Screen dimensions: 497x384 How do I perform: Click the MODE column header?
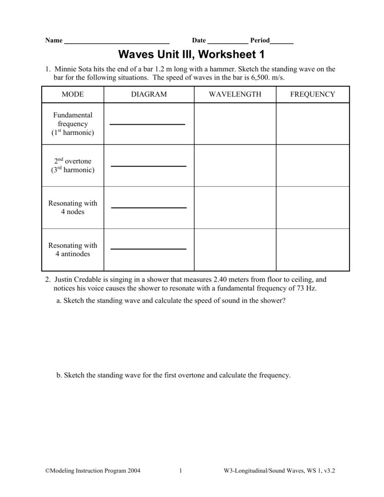[x=72, y=94]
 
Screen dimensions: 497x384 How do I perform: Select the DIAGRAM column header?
[x=149, y=94]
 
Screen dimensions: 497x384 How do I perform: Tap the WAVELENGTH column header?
[x=235, y=94]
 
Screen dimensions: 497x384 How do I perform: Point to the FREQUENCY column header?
[x=313, y=94]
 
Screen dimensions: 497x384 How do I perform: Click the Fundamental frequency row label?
[x=72, y=124]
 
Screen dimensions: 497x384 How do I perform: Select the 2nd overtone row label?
[x=72, y=166]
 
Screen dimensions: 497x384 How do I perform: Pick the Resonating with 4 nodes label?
[x=72, y=208]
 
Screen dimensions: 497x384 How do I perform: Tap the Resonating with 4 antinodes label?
[x=72, y=249]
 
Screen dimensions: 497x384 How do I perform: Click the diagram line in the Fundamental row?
[x=148, y=125]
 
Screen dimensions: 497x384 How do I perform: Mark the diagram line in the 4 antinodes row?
[x=149, y=249]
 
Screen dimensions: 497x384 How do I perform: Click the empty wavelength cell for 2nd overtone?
[x=235, y=166]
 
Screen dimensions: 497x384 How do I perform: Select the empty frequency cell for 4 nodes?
[x=313, y=208]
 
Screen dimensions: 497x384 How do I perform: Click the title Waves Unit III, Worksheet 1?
[x=192, y=54]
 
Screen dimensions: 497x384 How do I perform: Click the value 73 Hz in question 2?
[x=306, y=288]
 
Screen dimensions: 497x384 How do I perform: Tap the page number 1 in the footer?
[x=180, y=471]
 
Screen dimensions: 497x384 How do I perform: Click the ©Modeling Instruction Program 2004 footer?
[x=93, y=471]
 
